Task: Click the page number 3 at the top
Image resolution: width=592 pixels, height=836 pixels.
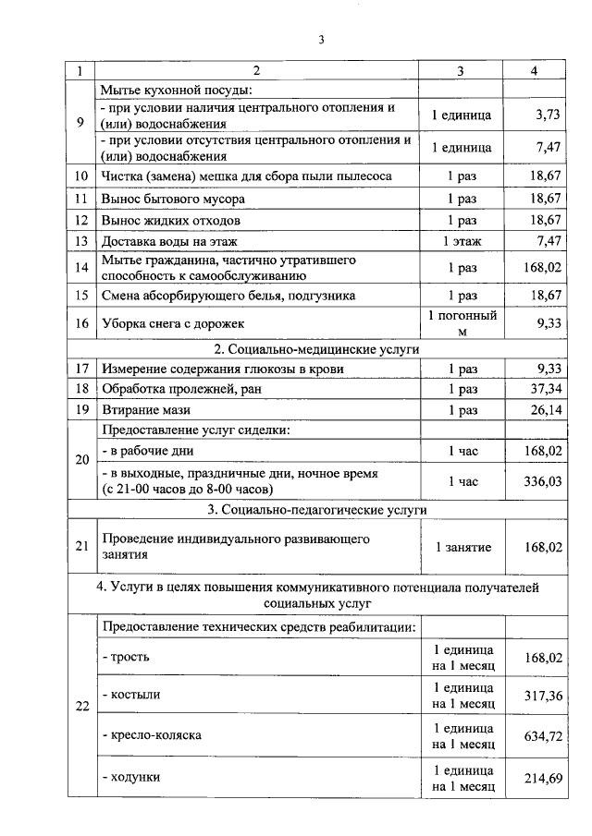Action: (x=320, y=40)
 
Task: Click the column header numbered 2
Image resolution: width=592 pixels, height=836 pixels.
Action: (x=257, y=71)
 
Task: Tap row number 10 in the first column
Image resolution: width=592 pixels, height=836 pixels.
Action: (x=80, y=176)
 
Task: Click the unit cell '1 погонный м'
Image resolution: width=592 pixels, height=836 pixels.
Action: (x=462, y=323)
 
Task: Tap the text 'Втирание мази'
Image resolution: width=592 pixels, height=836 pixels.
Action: (x=144, y=410)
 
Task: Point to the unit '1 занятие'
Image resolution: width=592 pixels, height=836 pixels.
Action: (x=462, y=547)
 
